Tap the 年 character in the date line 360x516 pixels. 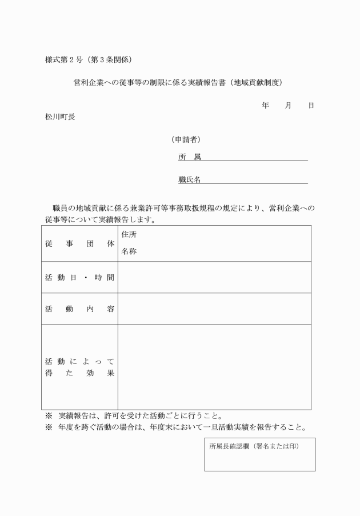click(x=265, y=106)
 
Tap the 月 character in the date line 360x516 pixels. click(x=289, y=106)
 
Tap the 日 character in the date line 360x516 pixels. click(x=311, y=106)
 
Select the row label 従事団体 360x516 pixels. click(x=79, y=243)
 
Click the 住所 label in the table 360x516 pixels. click(x=129, y=234)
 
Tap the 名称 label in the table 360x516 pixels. click(x=129, y=251)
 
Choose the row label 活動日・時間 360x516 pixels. click(x=79, y=278)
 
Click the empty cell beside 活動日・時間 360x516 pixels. click(x=214, y=278)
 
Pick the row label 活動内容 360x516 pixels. click(x=79, y=309)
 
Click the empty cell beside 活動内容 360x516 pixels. click(x=214, y=309)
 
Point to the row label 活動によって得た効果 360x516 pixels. click(x=79, y=367)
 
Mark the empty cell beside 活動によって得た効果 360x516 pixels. click(x=214, y=367)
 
